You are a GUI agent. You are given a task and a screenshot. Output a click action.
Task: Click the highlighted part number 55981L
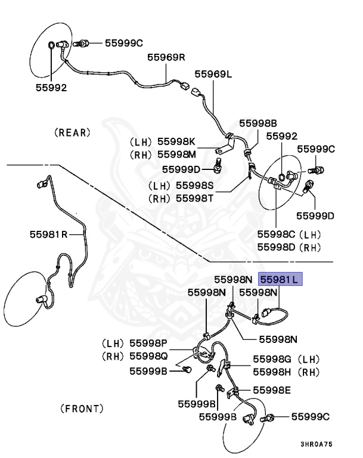pyautogui.click(x=280, y=278)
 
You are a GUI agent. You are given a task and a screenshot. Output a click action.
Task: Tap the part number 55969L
pyautogui.click(x=213, y=74)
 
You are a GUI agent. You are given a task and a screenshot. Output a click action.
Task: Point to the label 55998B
pyautogui.click(x=258, y=123)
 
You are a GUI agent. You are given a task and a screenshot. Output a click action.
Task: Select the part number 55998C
pyautogui.click(x=277, y=234)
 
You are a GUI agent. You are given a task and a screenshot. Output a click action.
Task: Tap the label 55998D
pyautogui.click(x=277, y=247)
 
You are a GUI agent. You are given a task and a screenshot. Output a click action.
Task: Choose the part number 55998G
pyautogui.click(x=271, y=359)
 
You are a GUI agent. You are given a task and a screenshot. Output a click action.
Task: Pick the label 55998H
pyautogui.click(x=271, y=372)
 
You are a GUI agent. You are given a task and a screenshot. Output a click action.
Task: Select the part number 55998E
pyautogui.click(x=271, y=390)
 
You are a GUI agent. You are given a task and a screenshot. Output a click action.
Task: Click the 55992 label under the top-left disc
pyautogui.click(x=50, y=87)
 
